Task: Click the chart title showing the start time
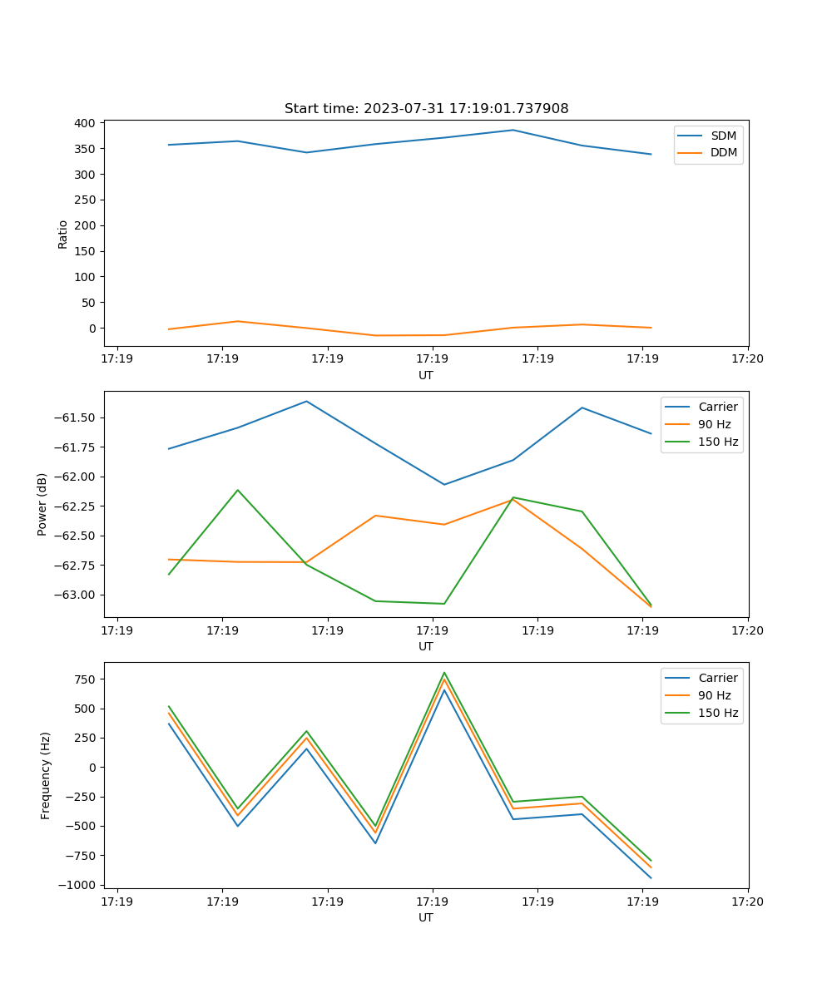[x=426, y=109]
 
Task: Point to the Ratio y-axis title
[x=63, y=234]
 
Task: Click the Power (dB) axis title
[x=42, y=504]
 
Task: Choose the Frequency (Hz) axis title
[x=46, y=775]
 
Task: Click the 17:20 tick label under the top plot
[x=747, y=358]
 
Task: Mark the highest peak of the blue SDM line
[x=513, y=130]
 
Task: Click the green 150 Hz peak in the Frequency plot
[x=444, y=672]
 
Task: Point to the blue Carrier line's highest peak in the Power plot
[x=306, y=401]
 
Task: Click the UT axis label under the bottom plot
[x=426, y=917]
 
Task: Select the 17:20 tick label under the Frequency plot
[x=747, y=901]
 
